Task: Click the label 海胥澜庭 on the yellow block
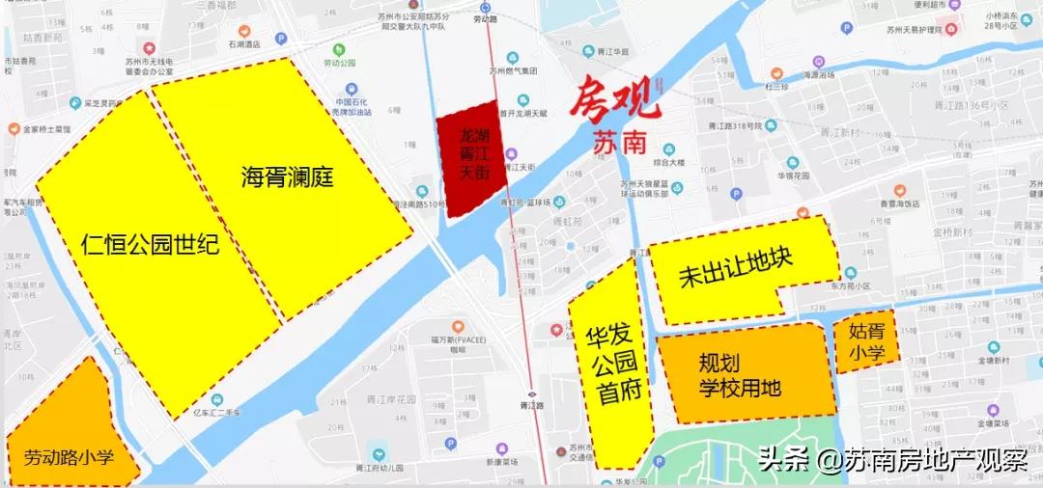click(286, 177)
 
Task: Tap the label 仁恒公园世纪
click(149, 244)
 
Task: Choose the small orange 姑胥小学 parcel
click(866, 342)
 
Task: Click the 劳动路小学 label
click(69, 456)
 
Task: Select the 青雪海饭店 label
click(897, 203)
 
